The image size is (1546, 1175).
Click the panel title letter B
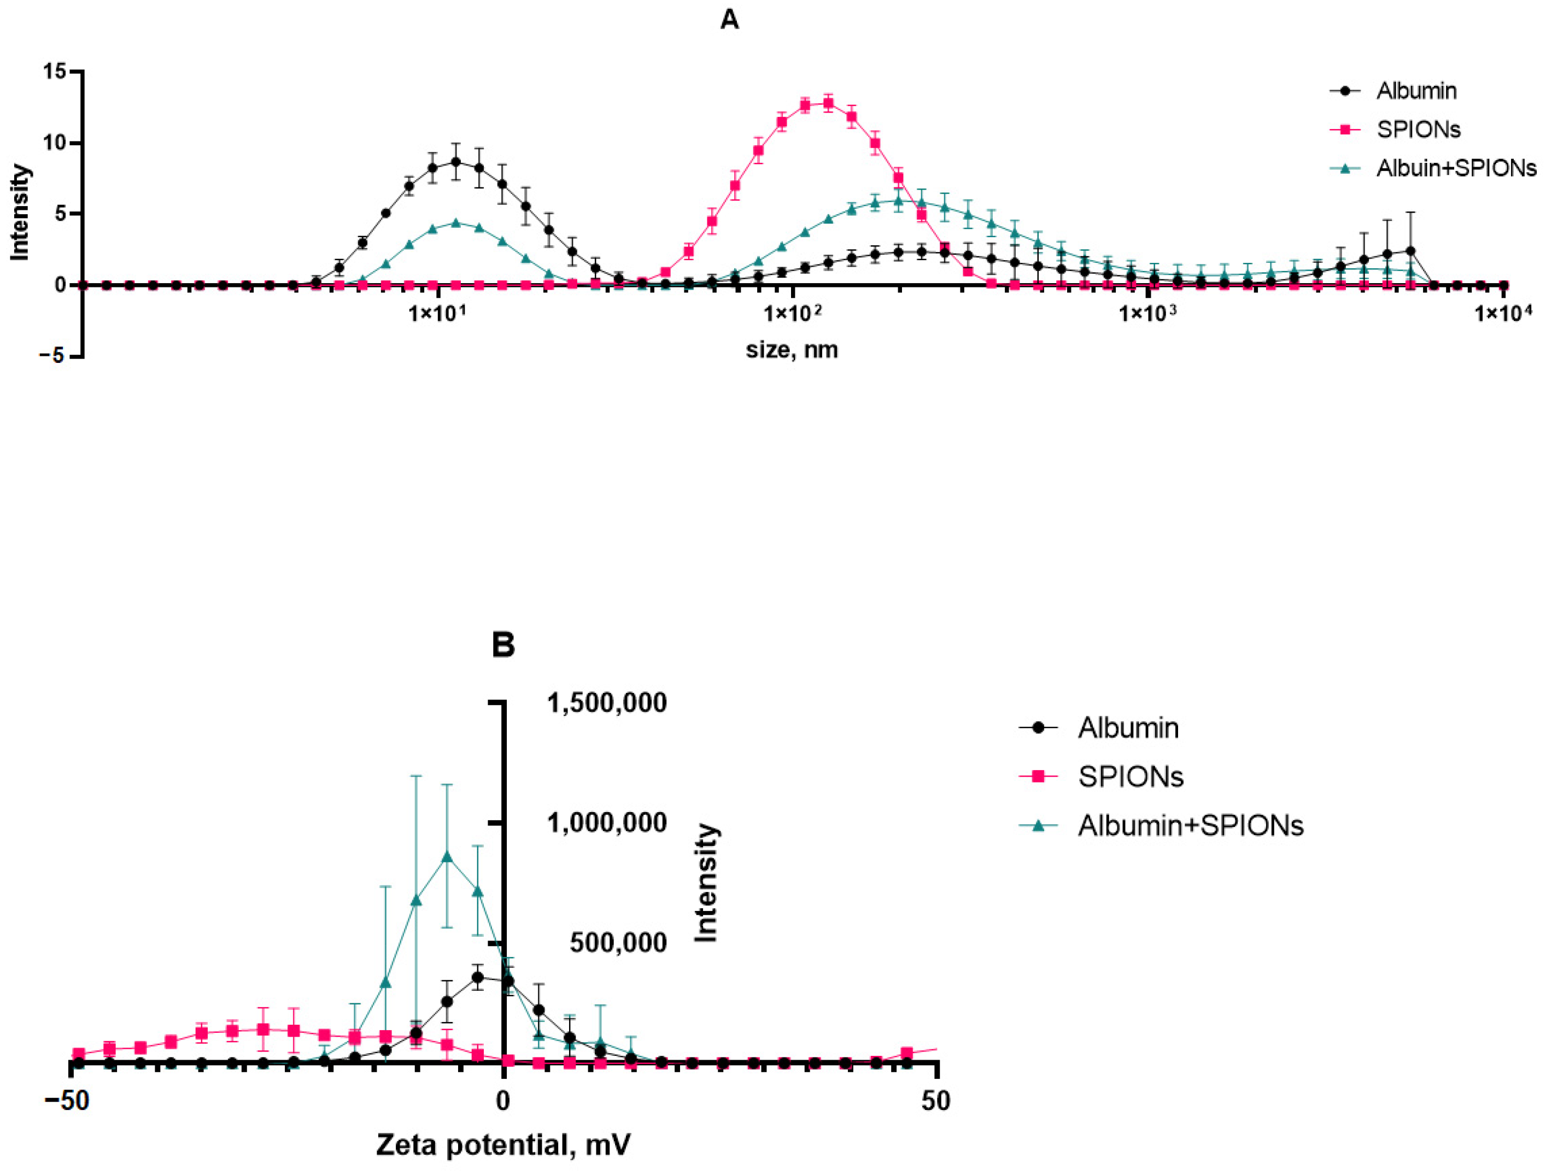[503, 645]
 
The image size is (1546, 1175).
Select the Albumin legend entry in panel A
[1416, 91]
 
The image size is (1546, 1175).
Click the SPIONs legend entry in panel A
[1418, 130]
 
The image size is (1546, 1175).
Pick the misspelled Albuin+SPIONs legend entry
[1456, 168]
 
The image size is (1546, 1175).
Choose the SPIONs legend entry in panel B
[1131, 777]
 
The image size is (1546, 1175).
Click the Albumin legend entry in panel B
[1128, 728]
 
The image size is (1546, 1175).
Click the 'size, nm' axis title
[791, 349]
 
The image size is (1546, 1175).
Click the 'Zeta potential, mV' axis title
[503, 1145]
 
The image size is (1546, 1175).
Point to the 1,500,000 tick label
[606, 703]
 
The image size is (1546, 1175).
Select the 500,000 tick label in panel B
[618, 943]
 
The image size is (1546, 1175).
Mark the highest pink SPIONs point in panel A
[828, 103]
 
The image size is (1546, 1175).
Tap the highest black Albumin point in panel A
[455, 162]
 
